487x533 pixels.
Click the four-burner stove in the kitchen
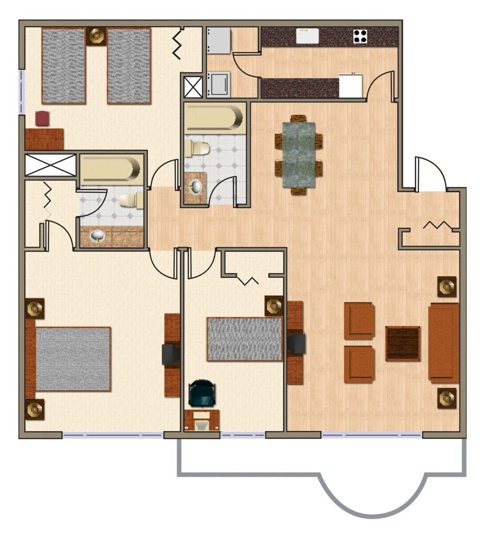[360, 36]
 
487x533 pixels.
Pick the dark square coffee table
[403, 343]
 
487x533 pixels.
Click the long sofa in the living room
[443, 342]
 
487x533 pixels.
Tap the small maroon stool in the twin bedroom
[43, 119]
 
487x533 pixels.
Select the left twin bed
[64, 66]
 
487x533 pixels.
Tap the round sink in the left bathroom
[96, 236]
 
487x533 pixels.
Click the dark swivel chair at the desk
[202, 394]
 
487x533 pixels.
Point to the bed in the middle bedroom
[244, 339]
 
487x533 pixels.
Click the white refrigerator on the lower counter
[351, 86]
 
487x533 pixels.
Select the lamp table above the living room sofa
[446, 286]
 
